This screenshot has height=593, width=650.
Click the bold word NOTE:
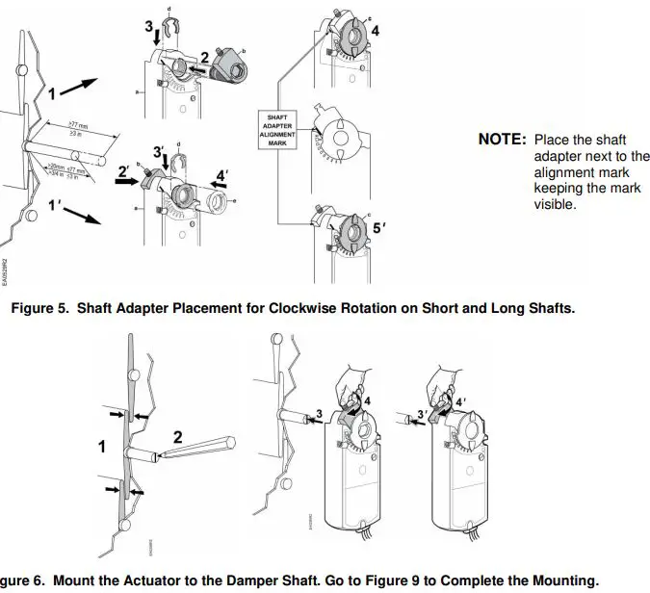point(502,139)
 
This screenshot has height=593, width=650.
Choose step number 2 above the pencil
point(177,437)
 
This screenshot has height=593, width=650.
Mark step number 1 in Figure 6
point(102,448)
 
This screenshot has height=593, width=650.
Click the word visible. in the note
point(556,205)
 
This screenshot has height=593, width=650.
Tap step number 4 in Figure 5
point(375,30)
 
